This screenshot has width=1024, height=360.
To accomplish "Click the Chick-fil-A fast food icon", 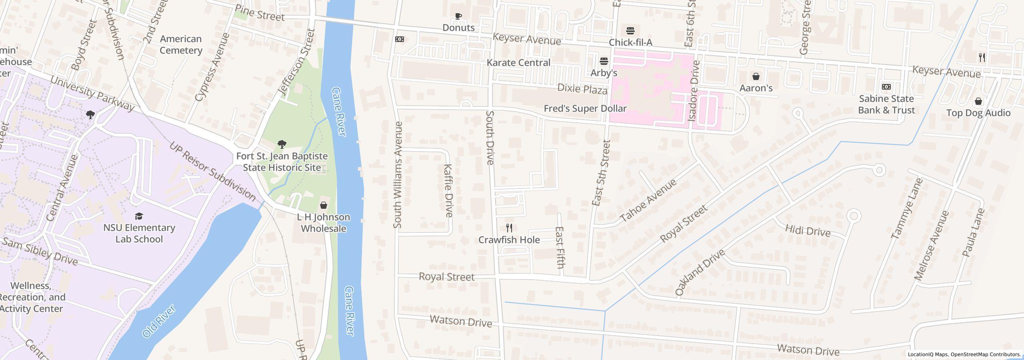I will (630, 31).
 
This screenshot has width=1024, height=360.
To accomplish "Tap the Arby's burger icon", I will (604, 61).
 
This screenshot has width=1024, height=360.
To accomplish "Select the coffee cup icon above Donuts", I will (458, 16).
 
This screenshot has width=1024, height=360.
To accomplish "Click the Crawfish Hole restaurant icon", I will (509, 228).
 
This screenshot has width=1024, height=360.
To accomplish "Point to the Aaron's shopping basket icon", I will (756, 76).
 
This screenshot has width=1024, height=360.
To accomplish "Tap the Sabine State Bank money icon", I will (886, 87).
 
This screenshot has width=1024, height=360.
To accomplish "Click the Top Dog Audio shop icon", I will (978, 101).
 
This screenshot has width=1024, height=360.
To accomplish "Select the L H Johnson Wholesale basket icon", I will (323, 206).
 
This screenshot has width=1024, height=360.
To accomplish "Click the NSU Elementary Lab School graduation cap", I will (139, 216).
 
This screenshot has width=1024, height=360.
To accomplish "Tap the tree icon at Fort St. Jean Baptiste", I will (282, 144).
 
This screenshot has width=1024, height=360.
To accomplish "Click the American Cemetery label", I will (181, 44).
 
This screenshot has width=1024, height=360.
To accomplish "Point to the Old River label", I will (159, 321).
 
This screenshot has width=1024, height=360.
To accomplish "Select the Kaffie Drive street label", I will (448, 190).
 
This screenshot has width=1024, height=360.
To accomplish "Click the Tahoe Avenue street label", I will (648, 201).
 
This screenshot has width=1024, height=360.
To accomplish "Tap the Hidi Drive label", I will (808, 231).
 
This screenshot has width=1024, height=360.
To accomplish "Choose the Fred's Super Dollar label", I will (585, 108).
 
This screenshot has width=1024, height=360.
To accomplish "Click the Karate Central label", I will (518, 63).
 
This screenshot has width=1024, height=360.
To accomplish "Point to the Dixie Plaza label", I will (582, 89).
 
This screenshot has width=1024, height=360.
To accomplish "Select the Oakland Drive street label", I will (700, 272).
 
